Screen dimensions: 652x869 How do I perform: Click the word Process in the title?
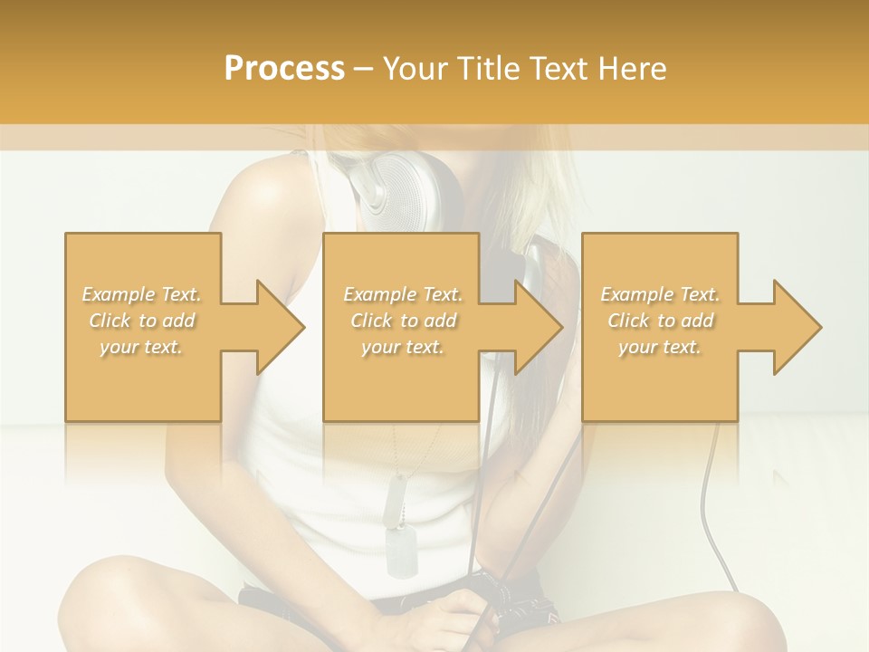coord(284,69)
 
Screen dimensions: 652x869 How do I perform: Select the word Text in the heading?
coord(560,69)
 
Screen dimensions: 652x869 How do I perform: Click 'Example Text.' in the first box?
coord(142,294)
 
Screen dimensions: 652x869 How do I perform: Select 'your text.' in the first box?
coord(142,347)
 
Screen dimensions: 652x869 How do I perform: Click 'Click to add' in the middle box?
coord(403,321)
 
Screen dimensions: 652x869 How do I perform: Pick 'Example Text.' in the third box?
coord(660,294)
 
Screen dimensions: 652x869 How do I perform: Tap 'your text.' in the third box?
coord(660,347)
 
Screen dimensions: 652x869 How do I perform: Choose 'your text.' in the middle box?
coord(403,347)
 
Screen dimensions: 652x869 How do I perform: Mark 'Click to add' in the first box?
coord(142,321)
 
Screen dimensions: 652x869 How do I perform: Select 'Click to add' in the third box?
coord(660,321)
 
